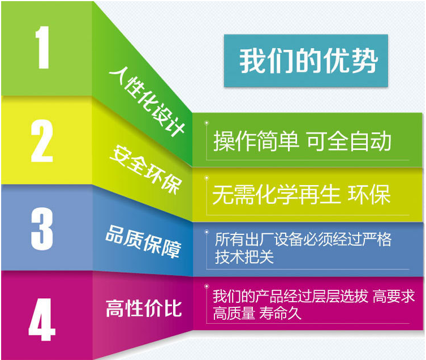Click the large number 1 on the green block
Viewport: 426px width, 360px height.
click(x=42, y=48)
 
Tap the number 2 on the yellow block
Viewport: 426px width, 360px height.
click(x=41, y=141)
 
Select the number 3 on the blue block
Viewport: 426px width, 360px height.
click(x=42, y=229)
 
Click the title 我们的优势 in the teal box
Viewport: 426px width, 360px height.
click(x=308, y=61)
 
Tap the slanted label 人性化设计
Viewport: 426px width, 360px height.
click(x=147, y=101)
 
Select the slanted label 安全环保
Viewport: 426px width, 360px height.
click(x=146, y=170)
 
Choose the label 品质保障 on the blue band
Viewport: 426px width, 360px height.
click(x=143, y=242)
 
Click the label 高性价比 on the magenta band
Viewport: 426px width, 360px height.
click(x=144, y=308)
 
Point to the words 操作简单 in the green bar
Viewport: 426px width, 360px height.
click(x=256, y=141)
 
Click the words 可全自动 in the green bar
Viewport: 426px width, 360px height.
click(x=349, y=141)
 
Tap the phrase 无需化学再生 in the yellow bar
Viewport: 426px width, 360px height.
click(x=276, y=195)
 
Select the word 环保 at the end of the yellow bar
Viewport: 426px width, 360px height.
click(x=369, y=195)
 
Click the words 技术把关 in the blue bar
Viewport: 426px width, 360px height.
click(x=244, y=256)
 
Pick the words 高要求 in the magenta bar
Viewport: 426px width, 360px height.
click(x=394, y=296)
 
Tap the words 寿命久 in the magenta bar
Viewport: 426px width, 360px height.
click(x=280, y=313)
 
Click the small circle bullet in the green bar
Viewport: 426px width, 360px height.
click(x=206, y=123)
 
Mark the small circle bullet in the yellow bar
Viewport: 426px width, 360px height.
click(x=206, y=178)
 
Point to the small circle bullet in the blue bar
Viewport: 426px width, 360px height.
click(x=206, y=232)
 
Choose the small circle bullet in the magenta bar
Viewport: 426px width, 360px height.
click(x=206, y=286)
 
